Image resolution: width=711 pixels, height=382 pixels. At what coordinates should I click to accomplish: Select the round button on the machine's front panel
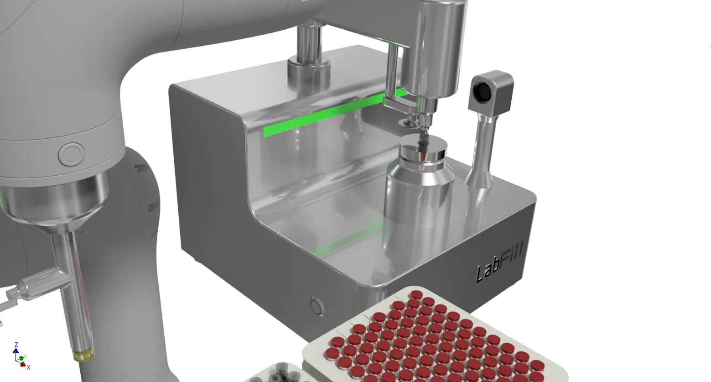[317, 306]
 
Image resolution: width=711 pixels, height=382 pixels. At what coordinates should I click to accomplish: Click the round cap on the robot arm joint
[72, 154]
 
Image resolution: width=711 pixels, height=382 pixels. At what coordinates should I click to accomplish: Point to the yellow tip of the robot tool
[83, 355]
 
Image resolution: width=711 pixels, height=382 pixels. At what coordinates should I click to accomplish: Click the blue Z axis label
[16, 345]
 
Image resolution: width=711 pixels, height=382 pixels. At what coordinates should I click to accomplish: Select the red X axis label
[29, 367]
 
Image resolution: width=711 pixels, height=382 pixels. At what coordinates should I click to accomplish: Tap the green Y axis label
[25, 357]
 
